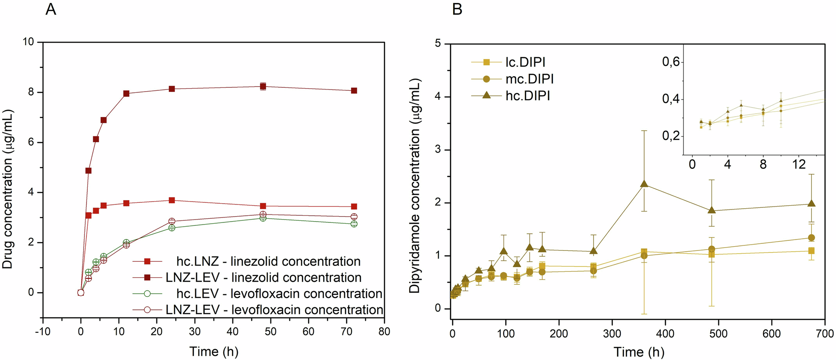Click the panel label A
point(51,9)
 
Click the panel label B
point(457,9)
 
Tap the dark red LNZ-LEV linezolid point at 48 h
point(263,87)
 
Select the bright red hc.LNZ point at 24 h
point(172,200)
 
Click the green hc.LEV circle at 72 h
point(354,224)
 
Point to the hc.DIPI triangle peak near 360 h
point(644,184)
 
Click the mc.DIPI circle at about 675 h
point(811,238)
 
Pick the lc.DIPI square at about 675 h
point(811,251)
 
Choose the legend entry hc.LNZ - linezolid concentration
point(268,262)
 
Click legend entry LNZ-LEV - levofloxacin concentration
point(274,310)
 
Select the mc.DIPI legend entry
point(529,79)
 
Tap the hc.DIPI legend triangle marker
point(486,96)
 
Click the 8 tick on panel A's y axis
point(31,92)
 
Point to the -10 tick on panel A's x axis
point(42,332)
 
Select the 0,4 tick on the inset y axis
point(671,100)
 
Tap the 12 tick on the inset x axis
point(799,165)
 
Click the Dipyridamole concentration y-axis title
point(414,186)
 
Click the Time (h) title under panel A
point(214,352)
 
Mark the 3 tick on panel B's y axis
point(438,150)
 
